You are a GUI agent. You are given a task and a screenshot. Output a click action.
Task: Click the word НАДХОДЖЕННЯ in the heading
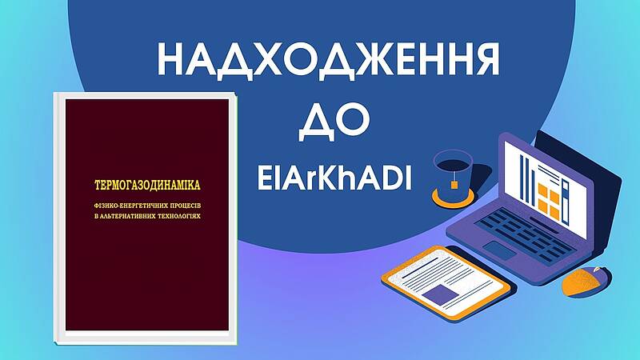click(x=328, y=61)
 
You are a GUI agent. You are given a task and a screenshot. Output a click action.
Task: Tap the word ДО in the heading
click(x=334, y=121)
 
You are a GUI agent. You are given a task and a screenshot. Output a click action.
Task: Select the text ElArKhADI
click(x=334, y=179)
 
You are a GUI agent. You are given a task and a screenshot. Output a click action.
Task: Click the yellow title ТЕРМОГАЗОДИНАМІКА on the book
click(x=147, y=186)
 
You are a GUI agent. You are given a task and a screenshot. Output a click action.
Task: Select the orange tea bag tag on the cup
click(x=454, y=185)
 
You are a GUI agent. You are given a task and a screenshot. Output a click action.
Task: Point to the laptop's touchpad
click(x=500, y=250)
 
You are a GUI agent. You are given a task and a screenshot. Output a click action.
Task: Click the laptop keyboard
click(x=526, y=234)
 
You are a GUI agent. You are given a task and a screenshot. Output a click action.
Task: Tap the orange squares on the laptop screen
click(x=549, y=201)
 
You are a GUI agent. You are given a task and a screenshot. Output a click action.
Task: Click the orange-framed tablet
click(x=446, y=282)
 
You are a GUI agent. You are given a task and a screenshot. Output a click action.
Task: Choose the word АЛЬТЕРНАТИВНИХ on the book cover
click(x=126, y=216)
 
